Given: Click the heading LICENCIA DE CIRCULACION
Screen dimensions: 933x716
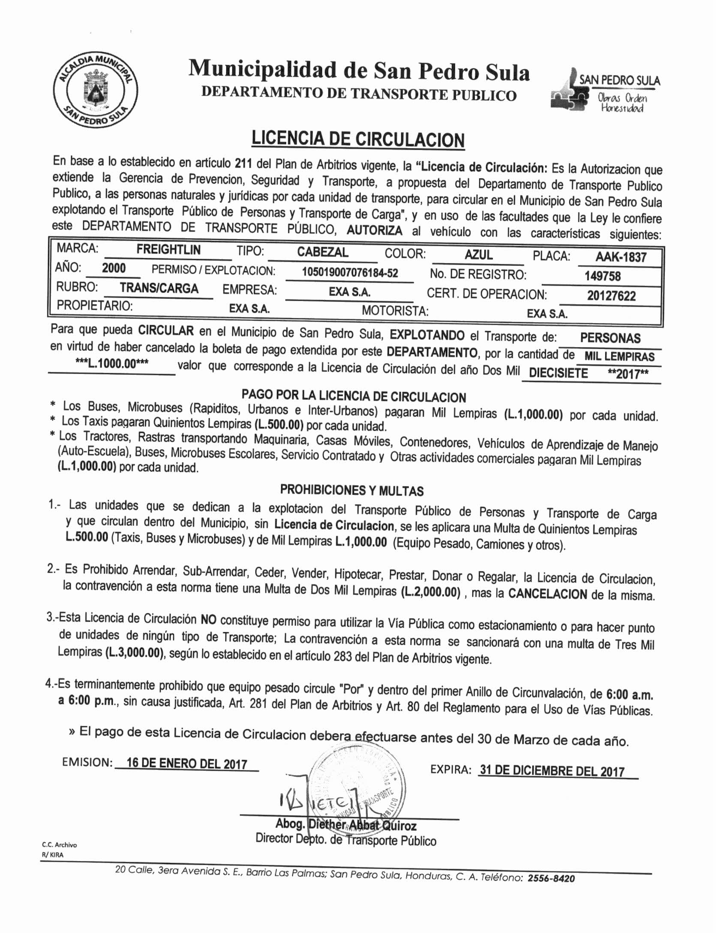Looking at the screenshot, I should pyautogui.click(x=358, y=139).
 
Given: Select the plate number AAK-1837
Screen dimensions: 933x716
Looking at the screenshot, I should pyautogui.click(x=620, y=257).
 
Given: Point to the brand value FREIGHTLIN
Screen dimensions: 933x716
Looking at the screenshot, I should pyautogui.click(x=168, y=250).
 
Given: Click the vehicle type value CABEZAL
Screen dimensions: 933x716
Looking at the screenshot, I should pyautogui.click(x=322, y=252).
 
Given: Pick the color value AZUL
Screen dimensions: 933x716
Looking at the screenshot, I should pyautogui.click(x=478, y=255).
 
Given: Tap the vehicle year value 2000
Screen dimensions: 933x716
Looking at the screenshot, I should pyautogui.click(x=114, y=269).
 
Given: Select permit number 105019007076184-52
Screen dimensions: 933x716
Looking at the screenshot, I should pyautogui.click(x=350, y=273).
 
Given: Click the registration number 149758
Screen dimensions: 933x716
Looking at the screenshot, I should pyautogui.click(x=602, y=276).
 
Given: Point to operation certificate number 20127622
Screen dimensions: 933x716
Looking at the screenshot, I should pyautogui.click(x=611, y=296).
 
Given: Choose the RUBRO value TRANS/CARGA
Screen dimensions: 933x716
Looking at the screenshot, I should pyautogui.click(x=159, y=288).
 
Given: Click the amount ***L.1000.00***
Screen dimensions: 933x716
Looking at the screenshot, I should pyautogui.click(x=112, y=364).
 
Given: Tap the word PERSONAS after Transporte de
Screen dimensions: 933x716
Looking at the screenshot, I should pyautogui.click(x=610, y=338).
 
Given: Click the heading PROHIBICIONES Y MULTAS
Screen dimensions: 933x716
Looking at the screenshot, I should pyautogui.click(x=352, y=490).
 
